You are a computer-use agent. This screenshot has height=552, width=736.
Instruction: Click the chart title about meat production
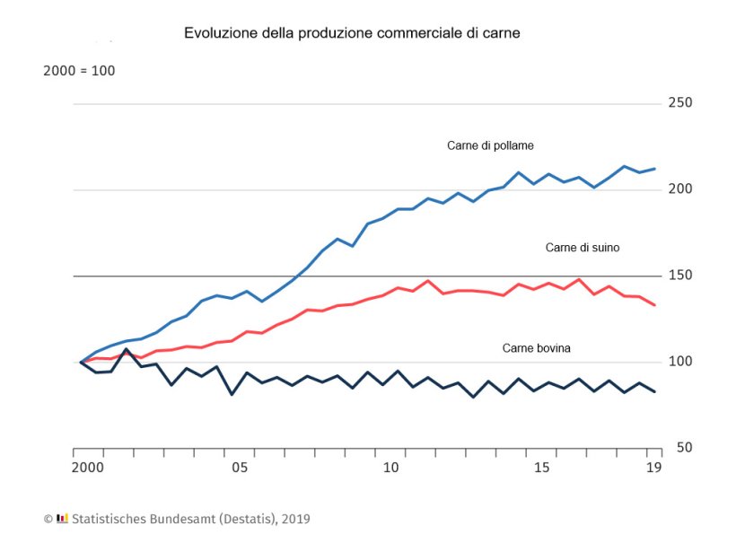pyautogui.click(x=352, y=33)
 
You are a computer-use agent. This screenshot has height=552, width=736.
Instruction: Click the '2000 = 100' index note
pyautogui.click(x=79, y=71)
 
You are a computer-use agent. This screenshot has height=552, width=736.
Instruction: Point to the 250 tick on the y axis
pyautogui.click(x=679, y=103)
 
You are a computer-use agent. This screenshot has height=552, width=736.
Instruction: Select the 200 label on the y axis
pyautogui.click(x=679, y=189)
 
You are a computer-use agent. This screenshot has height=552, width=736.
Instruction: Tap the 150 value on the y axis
pyautogui.click(x=679, y=276)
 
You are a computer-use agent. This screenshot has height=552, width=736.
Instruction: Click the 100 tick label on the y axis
pyautogui.click(x=679, y=362)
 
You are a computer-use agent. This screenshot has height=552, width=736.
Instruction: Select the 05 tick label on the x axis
pyautogui.click(x=239, y=469)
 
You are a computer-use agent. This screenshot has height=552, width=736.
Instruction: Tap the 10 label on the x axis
pyautogui.click(x=390, y=469)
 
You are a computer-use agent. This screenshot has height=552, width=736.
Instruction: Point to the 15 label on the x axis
pyautogui.click(x=542, y=469)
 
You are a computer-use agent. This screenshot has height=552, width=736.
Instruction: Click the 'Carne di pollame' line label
pyautogui.click(x=491, y=145)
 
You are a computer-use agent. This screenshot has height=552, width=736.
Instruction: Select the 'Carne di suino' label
pyautogui.click(x=583, y=248)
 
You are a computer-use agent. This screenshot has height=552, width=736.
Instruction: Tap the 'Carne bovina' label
pyautogui.click(x=537, y=348)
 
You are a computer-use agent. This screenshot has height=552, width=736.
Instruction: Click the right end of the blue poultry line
pyautogui.click(x=655, y=169)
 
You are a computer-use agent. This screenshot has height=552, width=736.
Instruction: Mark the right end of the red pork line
pyautogui.click(x=655, y=305)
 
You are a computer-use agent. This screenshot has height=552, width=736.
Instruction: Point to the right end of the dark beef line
pyautogui.click(x=655, y=391)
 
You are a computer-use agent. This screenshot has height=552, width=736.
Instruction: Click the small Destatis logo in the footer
pyautogui.click(x=62, y=519)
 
